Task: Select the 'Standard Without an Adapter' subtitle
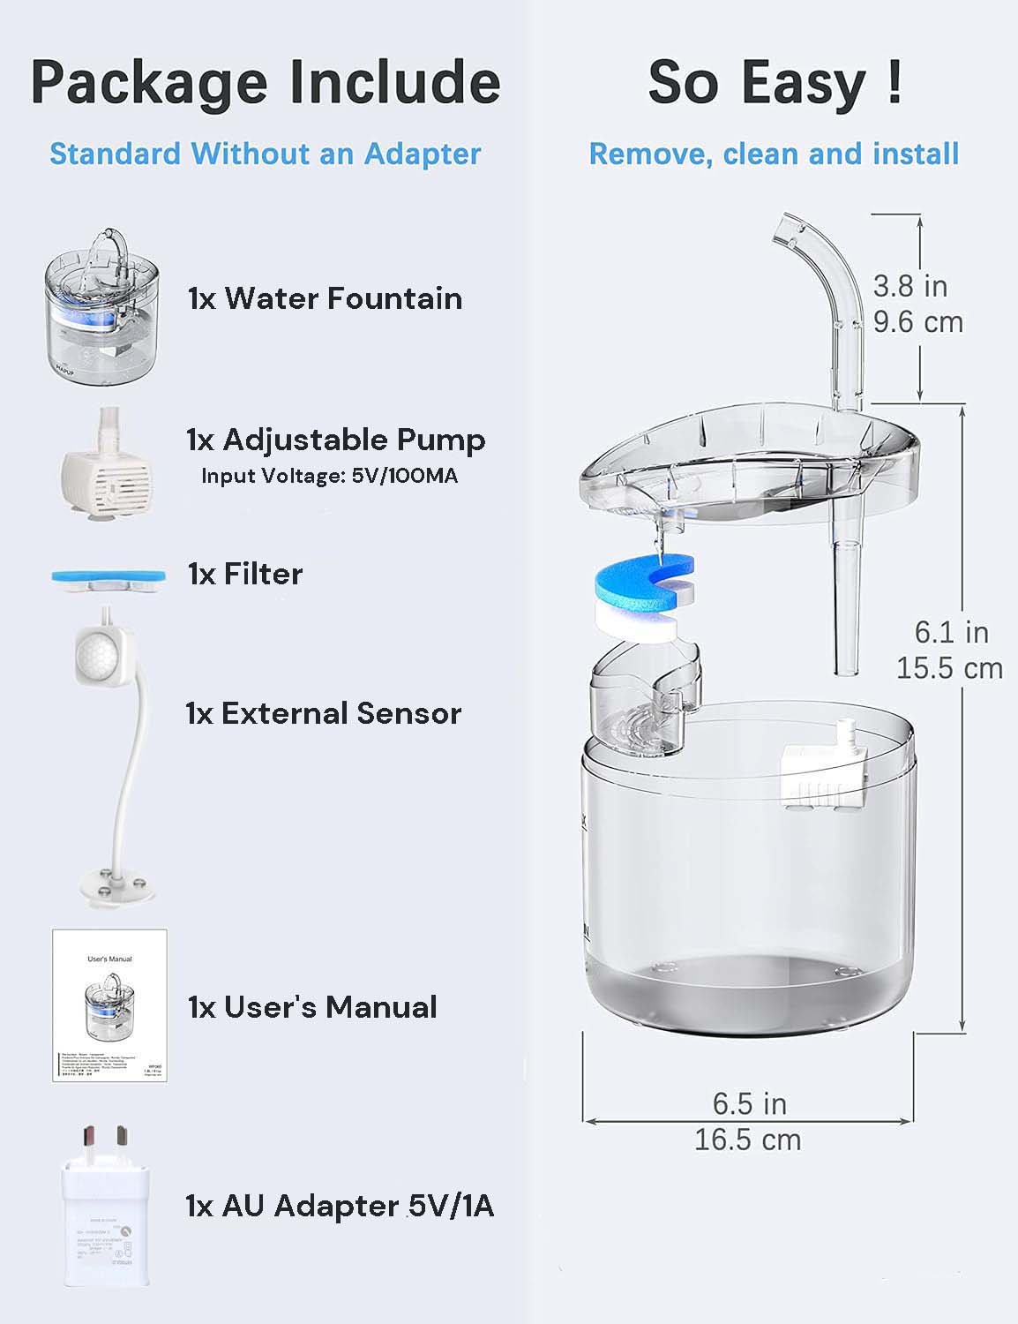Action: click(x=266, y=154)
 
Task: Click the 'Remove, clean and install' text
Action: click(x=774, y=154)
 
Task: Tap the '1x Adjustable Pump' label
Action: click(x=336, y=440)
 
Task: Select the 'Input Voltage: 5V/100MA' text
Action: click(x=329, y=476)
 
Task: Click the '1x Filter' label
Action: click(x=245, y=574)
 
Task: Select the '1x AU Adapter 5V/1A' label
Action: click(x=341, y=1205)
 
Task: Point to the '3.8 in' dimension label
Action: click(x=909, y=286)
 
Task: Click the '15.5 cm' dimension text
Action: click(x=949, y=668)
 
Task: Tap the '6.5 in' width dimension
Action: click(x=749, y=1103)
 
